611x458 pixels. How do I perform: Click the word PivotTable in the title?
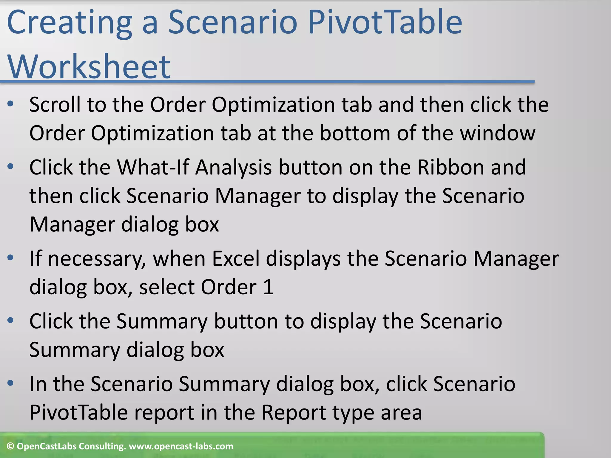point(385,23)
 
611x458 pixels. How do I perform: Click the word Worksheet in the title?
point(89,67)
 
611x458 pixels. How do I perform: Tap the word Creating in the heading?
point(70,23)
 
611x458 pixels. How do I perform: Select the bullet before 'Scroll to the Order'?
point(11,104)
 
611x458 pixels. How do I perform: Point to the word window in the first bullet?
point(498,133)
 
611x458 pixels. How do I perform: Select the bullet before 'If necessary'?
point(11,258)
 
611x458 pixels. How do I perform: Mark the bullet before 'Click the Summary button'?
point(11,321)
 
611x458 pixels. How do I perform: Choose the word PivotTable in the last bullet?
point(78,413)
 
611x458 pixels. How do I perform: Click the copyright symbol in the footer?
point(10,446)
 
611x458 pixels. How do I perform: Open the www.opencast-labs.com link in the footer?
point(181,446)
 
